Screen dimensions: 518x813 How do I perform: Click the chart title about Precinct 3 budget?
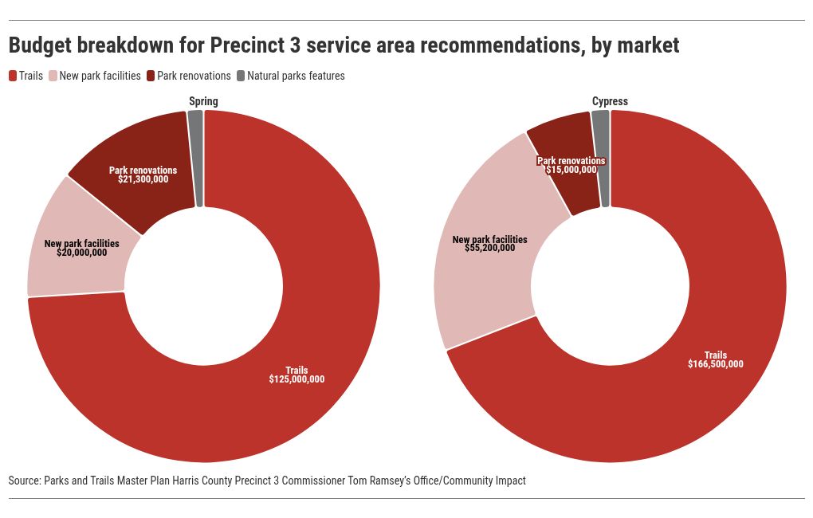click(x=344, y=45)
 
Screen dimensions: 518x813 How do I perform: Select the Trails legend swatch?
click(x=14, y=76)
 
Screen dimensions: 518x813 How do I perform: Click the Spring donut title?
click(x=203, y=101)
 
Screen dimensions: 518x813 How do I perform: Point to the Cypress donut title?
click(x=610, y=101)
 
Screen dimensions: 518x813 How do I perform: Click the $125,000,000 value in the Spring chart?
click(x=297, y=379)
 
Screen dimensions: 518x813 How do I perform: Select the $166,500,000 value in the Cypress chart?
click(x=715, y=364)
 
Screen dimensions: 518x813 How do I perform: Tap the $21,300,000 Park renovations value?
click(x=143, y=179)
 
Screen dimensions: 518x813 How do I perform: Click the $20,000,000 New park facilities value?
click(x=81, y=253)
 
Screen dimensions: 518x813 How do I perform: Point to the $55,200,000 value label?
click(x=489, y=248)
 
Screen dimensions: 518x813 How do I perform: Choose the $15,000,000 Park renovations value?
click(x=571, y=170)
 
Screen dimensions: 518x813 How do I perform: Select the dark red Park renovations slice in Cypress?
click(x=568, y=191)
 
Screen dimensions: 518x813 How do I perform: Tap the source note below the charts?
click(x=267, y=481)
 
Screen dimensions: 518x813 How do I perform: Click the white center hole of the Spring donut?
click(x=203, y=287)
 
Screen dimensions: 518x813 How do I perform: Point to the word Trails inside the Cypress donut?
click(x=715, y=355)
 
